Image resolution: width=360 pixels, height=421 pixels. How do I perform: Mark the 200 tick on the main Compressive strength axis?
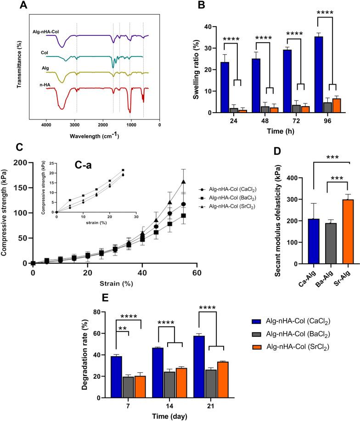pyautogui.click(x=21, y=162)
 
